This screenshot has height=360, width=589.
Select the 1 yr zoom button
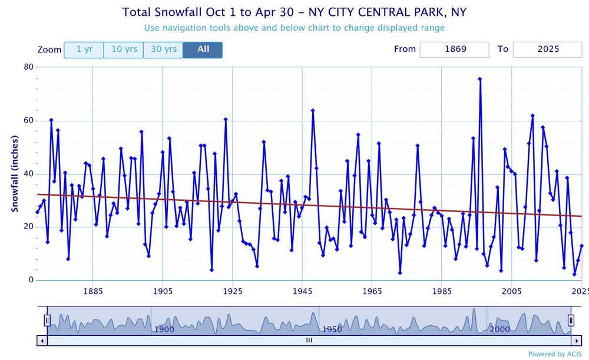point(84,49)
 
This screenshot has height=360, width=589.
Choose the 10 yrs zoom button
point(124,49)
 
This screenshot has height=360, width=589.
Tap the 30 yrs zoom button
point(163,49)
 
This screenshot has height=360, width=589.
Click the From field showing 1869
point(454,49)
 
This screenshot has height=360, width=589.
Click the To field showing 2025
point(547,49)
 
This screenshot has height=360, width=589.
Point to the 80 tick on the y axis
point(28,67)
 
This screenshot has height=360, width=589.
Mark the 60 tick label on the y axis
point(28,121)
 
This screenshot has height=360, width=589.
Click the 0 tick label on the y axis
point(30,280)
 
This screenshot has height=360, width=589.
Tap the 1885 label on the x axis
point(92,291)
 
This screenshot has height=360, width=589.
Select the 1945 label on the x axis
point(302,291)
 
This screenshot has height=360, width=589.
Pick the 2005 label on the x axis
point(511,291)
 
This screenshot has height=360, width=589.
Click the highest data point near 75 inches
point(480,79)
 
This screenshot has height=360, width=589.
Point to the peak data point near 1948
point(313,110)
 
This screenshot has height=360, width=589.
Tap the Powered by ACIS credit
point(555,354)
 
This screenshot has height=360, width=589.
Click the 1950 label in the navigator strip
point(332,329)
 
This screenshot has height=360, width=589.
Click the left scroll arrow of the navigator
point(42,340)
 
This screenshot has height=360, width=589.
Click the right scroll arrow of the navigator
point(576,340)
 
